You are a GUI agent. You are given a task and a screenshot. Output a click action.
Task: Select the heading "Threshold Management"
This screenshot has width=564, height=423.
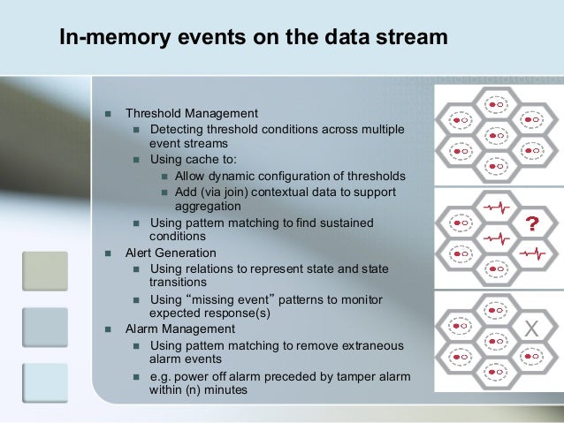[x=191, y=114]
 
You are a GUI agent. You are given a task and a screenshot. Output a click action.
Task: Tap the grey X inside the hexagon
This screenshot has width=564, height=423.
[x=530, y=329]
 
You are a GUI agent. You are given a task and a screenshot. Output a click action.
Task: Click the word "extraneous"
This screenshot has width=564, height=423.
[x=366, y=345]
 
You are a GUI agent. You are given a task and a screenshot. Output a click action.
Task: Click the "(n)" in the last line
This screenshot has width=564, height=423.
[x=194, y=390]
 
